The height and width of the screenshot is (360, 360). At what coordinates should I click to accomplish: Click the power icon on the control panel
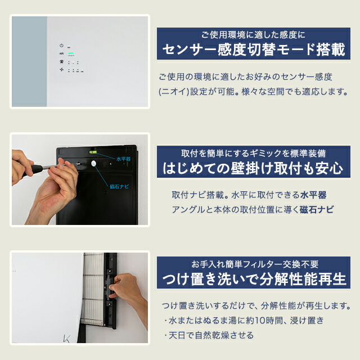tap(61, 45)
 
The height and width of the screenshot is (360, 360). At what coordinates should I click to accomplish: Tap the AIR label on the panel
tap(61, 54)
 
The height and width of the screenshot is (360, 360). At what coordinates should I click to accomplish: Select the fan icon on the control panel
tap(61, 70)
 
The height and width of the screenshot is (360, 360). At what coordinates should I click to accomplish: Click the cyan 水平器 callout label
tap(123, 159)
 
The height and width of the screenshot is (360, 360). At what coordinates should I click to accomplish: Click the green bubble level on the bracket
tap(91, 152)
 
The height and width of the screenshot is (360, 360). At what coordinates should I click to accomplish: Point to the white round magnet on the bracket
tap(93, 164)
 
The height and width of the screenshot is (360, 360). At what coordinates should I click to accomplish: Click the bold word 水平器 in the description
tap(313, 195)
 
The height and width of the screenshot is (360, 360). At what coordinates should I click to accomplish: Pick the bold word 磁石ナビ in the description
tap(317, 209)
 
